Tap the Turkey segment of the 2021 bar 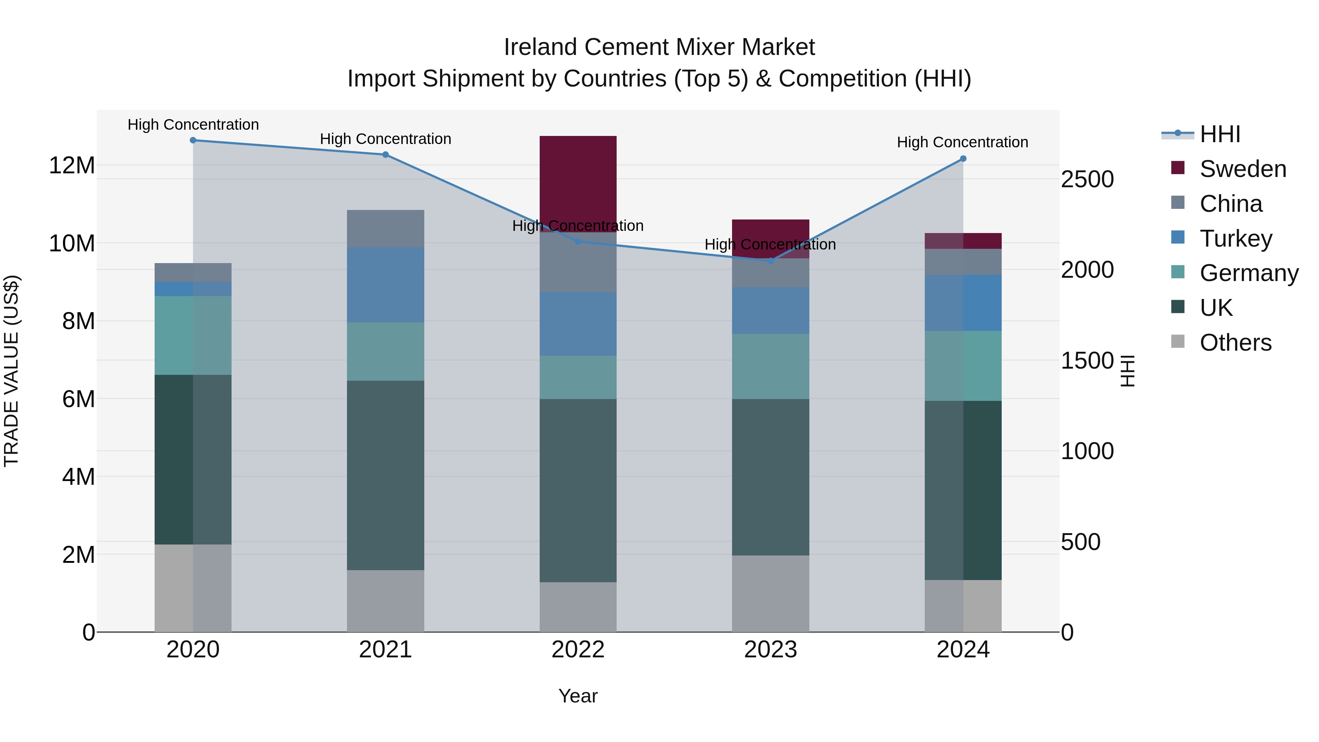(385, 285)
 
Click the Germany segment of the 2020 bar (193, 335)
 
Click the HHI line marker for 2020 (193, 140)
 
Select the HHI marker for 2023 (770, 261)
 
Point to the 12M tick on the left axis (72, 165)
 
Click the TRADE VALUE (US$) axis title (11, 371)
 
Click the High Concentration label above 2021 (385, 139)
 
